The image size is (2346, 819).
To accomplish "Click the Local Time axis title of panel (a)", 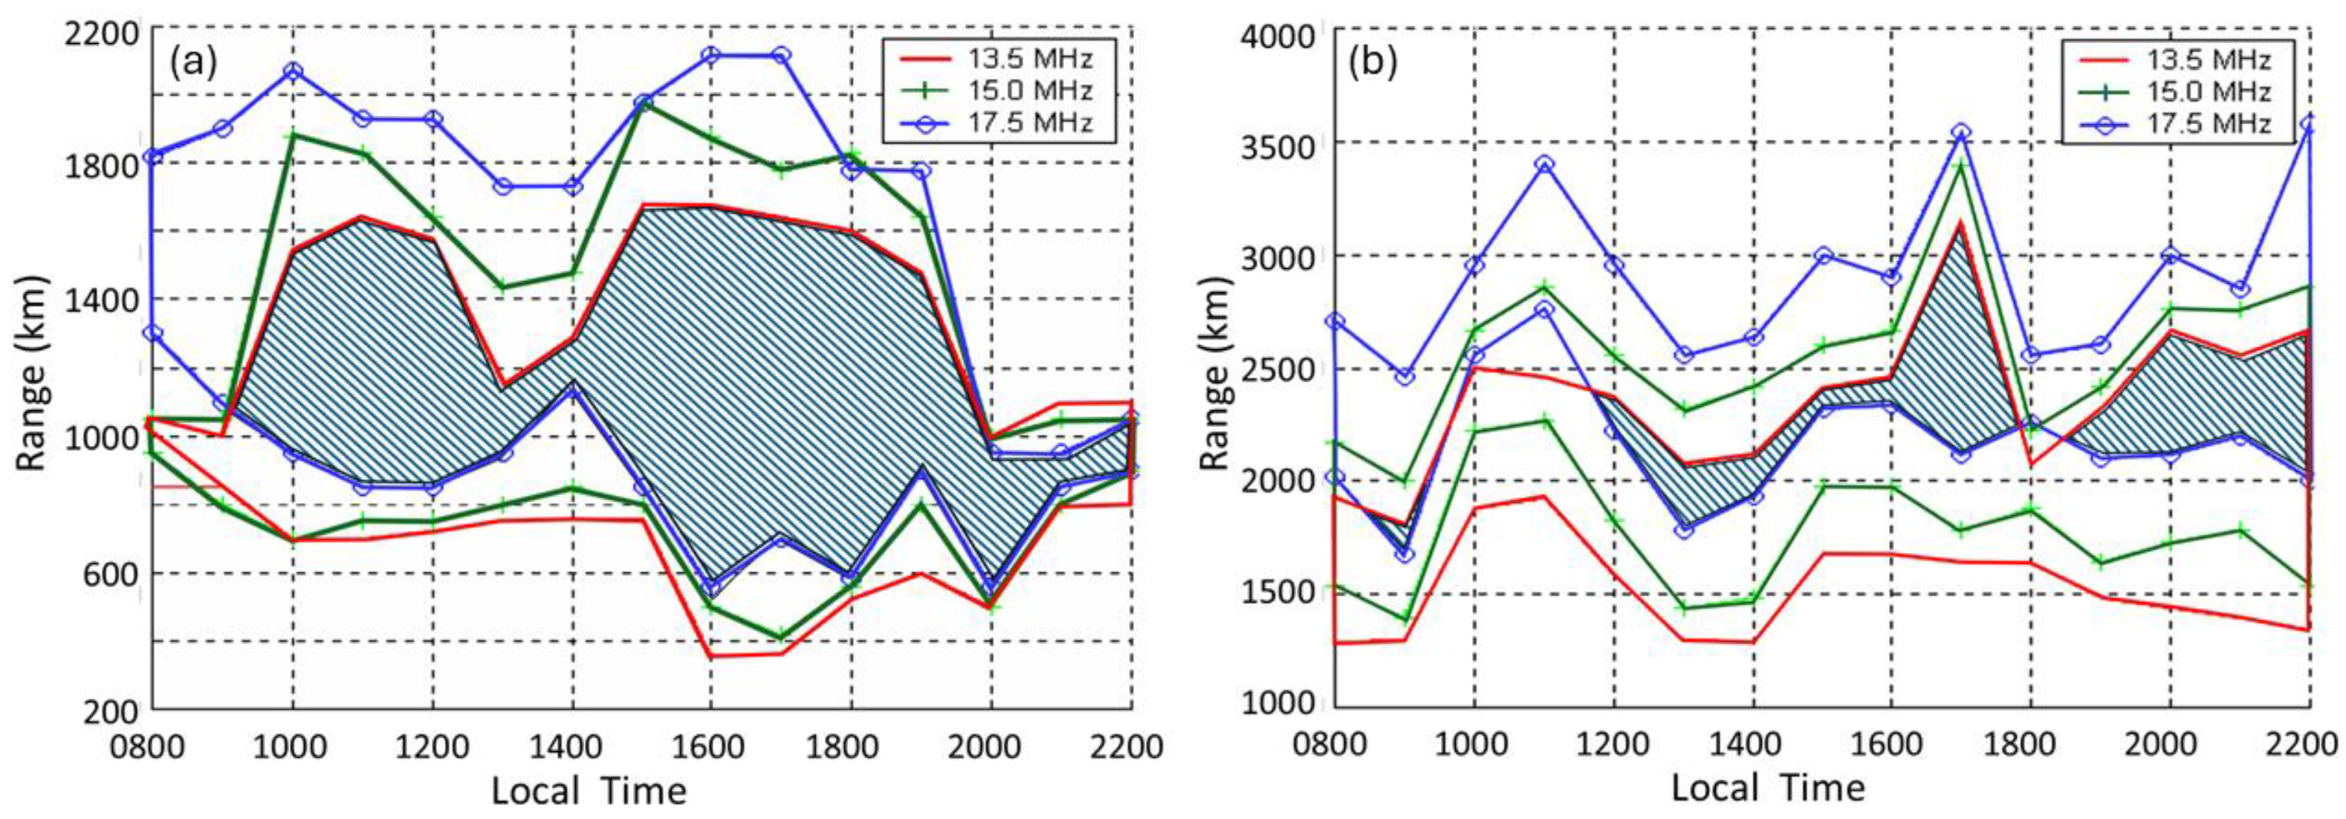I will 589,790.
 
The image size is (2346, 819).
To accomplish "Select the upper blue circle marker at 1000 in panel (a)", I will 292,71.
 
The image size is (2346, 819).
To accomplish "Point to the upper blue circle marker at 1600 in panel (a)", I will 710,56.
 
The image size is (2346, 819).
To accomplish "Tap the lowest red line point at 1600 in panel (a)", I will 710,656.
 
